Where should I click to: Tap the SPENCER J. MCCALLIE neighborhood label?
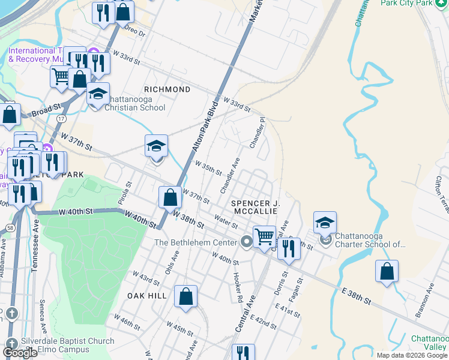[x=255, y=208]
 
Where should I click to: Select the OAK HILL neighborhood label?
[x=146, y=296]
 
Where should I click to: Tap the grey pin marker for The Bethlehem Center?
[x=246, y=242]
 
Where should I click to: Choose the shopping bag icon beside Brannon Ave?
[x=387, y=271]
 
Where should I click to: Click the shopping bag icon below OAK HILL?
[x=186, y=295]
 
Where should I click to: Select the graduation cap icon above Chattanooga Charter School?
[x=325, y=222]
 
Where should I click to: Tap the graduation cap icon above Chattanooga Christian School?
[x=98, y=93]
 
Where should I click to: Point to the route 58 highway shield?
[x=11, y=228]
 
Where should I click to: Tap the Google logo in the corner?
[x=20, y=353]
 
